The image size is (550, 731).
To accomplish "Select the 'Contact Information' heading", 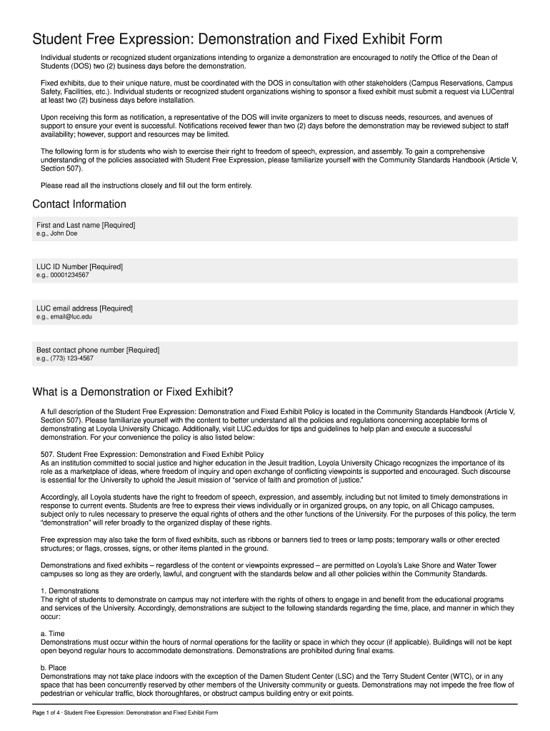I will pyautogui.click(x=79, y=205).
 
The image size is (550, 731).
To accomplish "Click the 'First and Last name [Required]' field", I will pyautogui.click(x=275, y=229).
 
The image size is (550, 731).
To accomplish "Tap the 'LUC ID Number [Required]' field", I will pyautogui.click(x=275, y=271).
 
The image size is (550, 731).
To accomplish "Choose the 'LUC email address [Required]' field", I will pyautogui.click(x=275, y=312).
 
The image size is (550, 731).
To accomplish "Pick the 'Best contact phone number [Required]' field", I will pyautogui.click(x=275, y=353).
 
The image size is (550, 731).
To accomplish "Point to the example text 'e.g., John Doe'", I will pyautogui.click(x=57, y=233).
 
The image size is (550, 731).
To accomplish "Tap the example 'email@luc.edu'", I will pyautogui.click(x=72, y=316).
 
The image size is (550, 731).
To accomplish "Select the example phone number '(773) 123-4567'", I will pyautogui.click(x=72, y=358).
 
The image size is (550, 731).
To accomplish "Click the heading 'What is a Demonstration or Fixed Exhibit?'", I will pyautogui.click(x=133, y=392).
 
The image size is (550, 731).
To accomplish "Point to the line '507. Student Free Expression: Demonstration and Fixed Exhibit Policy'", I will pyautogui.click(x=152, y=454).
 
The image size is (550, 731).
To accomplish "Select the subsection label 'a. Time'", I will pyautogui.click(x=53, y=633).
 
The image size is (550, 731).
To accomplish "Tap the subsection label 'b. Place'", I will pyautogui.click(x=54, y=667).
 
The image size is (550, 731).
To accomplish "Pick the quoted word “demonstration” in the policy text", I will pyautogui.click(x=71, y=522).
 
